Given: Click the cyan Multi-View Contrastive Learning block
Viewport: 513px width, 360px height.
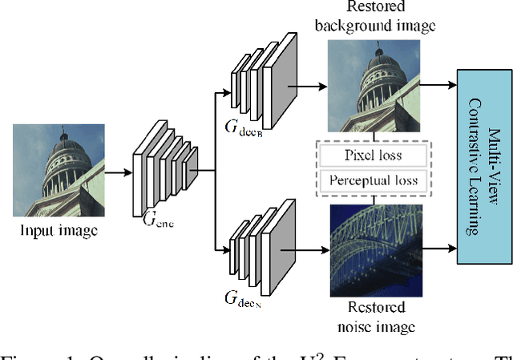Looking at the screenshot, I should point(484,167).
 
